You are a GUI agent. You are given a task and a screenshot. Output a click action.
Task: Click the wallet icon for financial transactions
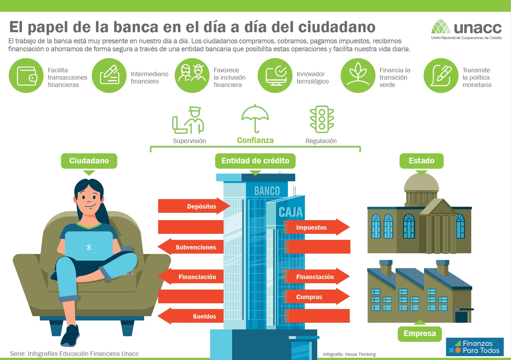pyautogui.click(x=26, y=76)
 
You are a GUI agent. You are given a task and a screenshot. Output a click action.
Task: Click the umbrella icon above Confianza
pyautogui.click(x=255, y=119)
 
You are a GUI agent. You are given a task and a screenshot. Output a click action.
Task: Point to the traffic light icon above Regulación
pyautogui.click(x=322, y=119)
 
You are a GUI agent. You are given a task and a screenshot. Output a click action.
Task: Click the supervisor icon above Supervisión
pyautogui.click(x=188, y=120)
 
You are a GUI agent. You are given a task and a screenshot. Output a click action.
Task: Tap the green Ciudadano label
pyautogui.click(x=89, y=161)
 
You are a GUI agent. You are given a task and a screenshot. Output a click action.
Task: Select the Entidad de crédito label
pyautogui.click(x=255, y=161)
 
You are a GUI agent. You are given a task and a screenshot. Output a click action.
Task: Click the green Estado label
pyautogui.click(x=421, y=161)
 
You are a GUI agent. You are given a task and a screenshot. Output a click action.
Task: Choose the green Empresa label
pyautogui.click(x=420, y=334)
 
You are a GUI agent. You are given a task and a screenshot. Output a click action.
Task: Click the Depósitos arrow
pyautogui.click(x=194, y=206)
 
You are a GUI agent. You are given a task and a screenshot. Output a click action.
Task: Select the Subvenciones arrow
pyautogui.click(x=191, y=247)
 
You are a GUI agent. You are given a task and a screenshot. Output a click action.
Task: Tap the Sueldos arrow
pyautogui.click(x=191, y=316)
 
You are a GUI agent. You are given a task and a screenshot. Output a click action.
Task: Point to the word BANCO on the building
pyautogui.click(x=267, y=191)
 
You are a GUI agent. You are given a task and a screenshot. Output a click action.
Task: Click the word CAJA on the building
pyautogui.click(x=290, y=212)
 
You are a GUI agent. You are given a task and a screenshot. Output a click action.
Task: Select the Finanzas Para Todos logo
pyautogui.click(x=475, y=347)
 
